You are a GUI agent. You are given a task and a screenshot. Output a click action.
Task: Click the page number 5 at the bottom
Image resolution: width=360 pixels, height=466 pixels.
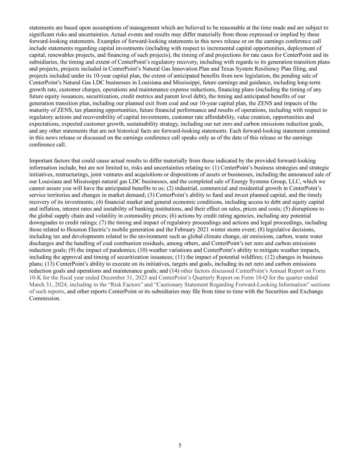click(x=180, y=445)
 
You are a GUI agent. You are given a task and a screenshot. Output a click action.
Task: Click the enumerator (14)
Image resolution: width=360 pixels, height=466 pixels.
click(x=174, y=271)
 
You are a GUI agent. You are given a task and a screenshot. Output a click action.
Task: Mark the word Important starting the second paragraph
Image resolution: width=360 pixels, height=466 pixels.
click(x=41, y=161)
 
